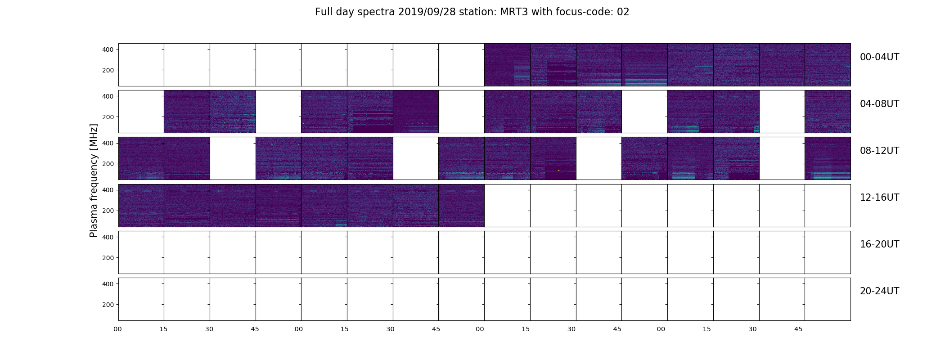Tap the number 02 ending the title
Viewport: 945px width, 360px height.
point(623,12)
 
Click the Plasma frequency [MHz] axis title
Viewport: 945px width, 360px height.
point(94,180)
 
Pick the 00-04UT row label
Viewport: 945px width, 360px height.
point(879,57)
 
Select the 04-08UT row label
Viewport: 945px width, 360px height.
point(879,104)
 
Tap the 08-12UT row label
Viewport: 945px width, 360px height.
point(879,151)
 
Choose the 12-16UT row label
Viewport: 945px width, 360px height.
point(879,198)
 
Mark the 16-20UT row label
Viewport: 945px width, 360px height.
point(879,244)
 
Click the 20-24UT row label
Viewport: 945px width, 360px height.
point(879,291)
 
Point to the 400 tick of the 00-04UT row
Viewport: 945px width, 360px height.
point(108,49)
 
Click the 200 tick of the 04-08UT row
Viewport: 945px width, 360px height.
point(108,117)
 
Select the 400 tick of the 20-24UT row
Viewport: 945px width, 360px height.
point(108,284)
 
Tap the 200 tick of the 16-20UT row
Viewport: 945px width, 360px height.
point(108,258)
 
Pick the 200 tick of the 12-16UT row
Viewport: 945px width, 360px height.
point(108,211)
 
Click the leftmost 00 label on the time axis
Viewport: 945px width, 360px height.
point(118,329)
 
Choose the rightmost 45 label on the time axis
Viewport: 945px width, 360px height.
point(798,329)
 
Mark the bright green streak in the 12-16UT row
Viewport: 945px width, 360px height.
point(277,220)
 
